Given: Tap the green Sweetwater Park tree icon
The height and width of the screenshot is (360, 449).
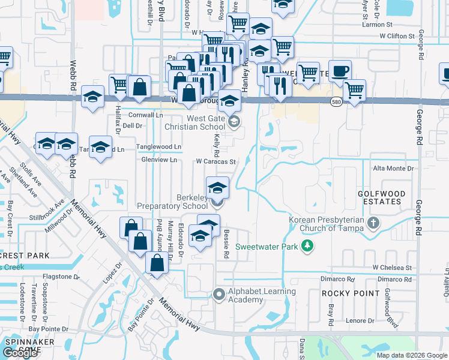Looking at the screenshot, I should tap(307, 246).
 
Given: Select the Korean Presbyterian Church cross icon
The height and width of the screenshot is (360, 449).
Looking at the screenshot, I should tap(373, 224).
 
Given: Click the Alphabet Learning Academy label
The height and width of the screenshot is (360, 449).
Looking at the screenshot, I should tap(262, 296).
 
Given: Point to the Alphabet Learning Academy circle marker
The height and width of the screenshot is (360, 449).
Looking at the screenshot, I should tap(219, 294).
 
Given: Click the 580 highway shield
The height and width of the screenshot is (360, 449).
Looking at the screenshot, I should tap(336, 103).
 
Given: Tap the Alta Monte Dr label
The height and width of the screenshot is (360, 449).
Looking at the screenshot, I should tap(394, 169).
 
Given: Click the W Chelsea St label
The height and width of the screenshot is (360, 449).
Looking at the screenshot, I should tap(391, 267).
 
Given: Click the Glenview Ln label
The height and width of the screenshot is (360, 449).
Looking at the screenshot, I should tap(158, 160).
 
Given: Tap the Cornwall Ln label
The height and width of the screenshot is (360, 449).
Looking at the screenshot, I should tap(146, 115).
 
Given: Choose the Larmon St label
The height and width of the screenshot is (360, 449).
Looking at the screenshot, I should tap(377, 26).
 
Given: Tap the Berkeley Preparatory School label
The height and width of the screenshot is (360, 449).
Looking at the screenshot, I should tap(172, 202).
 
